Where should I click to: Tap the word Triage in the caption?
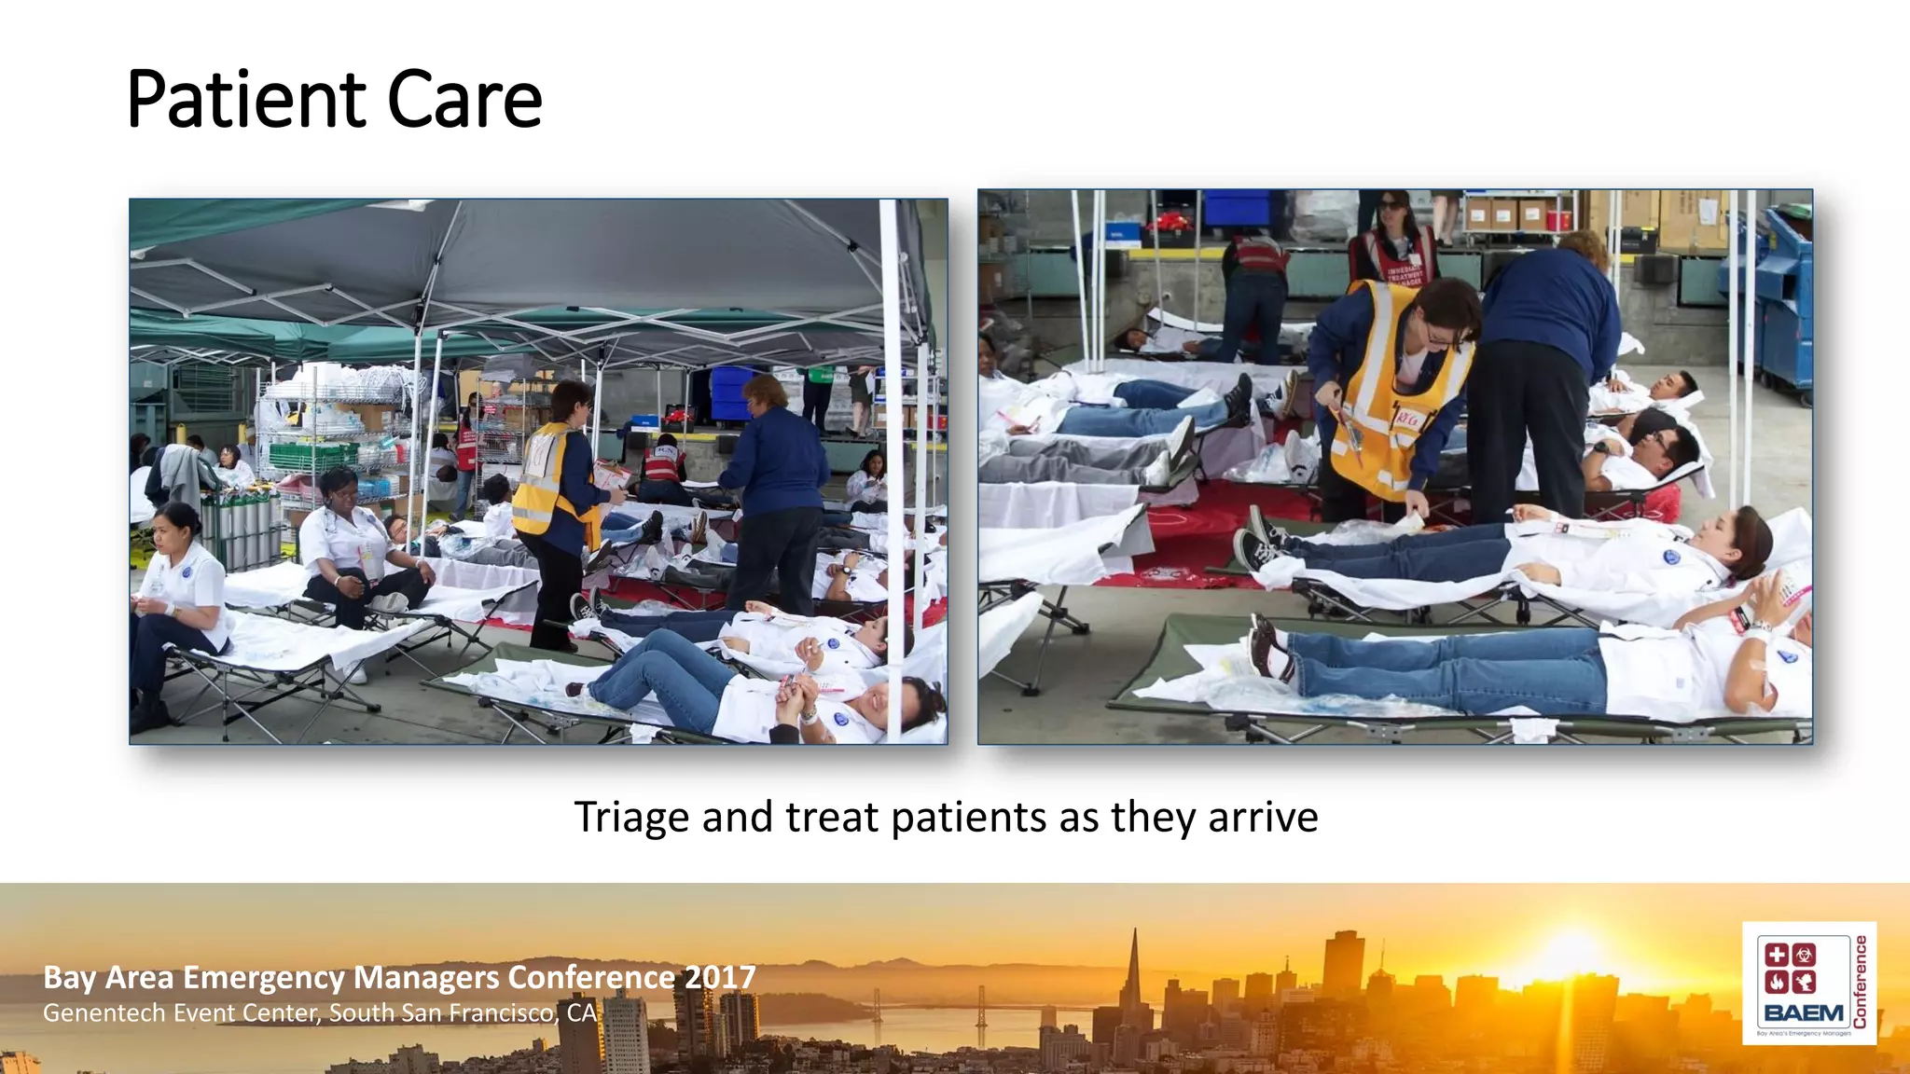pyautogui.click(x=631, y=818)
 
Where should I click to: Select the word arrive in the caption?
pyautogui.click(x=1263, y=818)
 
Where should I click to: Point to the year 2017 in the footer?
pyautogui.click(x=719, y=977)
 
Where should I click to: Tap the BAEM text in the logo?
pyautogui.click(x=1804, y=1012)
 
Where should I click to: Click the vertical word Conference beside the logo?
pyautogui.click(x=1861, y=982)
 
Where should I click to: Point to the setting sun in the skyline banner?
pyautogui.click(x=1574, y=951)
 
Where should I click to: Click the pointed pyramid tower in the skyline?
pyautogui.click(x=1134, y=988)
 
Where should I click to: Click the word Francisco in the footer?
pyautogui.click(x=505, y=1012)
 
